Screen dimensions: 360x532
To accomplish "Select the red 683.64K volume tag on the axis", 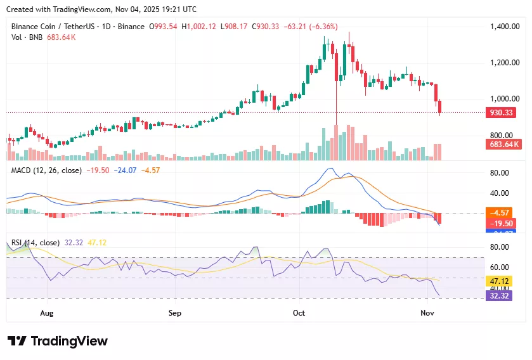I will tap(504, 145).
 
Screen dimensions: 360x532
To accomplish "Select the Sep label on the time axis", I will tap(175, 313).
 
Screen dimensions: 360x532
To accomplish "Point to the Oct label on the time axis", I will tap(299, 313).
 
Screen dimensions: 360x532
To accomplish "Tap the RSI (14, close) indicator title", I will tap(36, 243).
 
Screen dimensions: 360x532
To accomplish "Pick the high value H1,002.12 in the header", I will tap(198, 27).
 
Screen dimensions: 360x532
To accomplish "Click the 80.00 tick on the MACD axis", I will tap(500, 173).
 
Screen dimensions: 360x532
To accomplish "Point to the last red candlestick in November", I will tap(441, 107).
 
